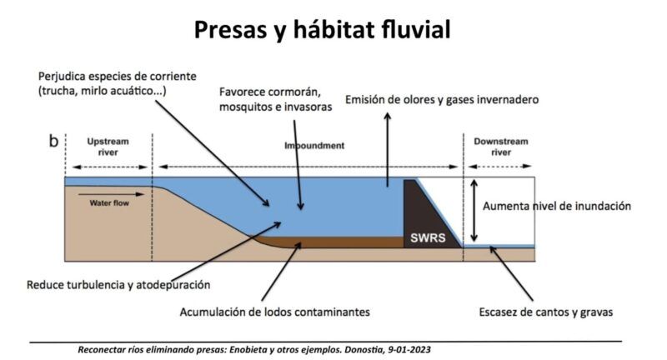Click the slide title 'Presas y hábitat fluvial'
tap(322, 30)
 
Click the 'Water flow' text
tap(109, 202)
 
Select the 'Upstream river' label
tap(108, 147)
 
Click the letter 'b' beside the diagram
tap(53, 142)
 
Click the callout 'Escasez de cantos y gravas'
tap(546, 312)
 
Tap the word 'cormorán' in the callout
tap(293, 90)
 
